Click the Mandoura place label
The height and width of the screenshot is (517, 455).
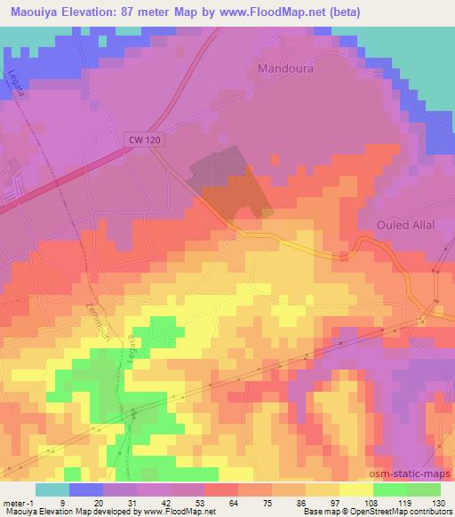[x=286, y=68]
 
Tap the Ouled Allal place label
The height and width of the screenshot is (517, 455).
[x=405, y=225]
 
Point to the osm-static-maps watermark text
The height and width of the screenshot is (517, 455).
[x=413, y=473]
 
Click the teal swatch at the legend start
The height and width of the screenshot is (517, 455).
[x=52, y=489]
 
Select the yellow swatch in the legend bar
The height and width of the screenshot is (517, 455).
[x=355, y=489]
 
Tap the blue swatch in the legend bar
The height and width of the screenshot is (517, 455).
[x=86, y=489]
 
